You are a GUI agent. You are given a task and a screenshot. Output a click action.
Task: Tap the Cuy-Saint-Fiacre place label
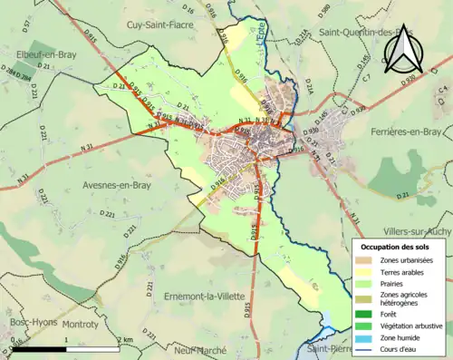pyautogui.click(x=161, y=24)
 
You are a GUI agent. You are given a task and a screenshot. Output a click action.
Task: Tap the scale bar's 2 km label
pyautogui.click(x=127, y=339)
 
